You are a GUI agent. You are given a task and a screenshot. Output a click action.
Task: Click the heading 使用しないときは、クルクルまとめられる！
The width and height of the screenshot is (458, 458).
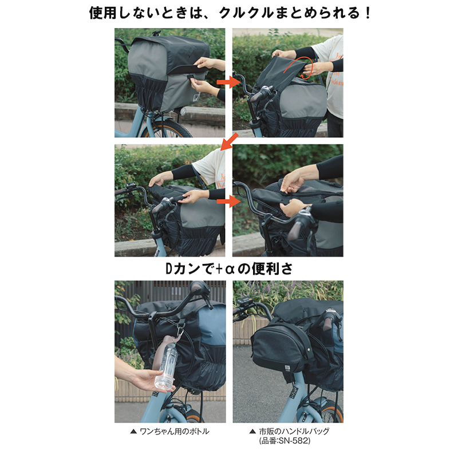230,13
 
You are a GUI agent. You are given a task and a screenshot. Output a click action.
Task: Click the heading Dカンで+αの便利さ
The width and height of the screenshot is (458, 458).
229,269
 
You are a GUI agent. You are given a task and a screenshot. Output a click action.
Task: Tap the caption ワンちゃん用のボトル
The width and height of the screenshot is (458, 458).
175,432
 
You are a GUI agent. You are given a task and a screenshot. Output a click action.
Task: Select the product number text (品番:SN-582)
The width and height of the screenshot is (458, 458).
285,440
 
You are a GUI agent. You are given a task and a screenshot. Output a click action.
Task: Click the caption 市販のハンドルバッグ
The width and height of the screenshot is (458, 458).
294,431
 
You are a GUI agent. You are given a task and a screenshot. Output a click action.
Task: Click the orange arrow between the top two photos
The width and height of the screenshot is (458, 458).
228,82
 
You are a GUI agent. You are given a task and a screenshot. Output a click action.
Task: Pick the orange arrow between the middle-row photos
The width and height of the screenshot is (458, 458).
228,202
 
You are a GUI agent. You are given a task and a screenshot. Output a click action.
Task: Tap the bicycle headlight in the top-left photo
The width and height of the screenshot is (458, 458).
183,111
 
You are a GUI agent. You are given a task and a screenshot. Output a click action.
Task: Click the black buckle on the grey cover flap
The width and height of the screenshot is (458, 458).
191,78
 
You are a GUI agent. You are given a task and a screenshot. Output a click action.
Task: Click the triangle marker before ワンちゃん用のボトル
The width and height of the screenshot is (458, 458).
133,432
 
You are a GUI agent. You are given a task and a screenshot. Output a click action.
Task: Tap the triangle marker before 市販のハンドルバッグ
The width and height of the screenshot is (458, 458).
252,432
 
